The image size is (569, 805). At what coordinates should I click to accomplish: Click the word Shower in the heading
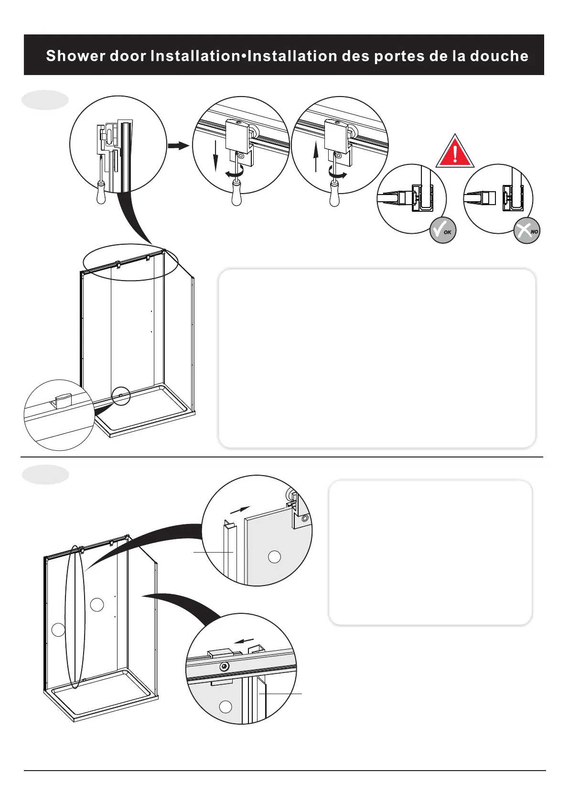coord(75,56)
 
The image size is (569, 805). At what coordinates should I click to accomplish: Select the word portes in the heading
coord(399,56)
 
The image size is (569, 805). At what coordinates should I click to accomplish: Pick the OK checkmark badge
coord(443,230)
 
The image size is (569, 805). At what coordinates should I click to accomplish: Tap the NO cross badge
coord(526,230)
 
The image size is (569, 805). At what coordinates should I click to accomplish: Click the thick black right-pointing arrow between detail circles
coord(178,145)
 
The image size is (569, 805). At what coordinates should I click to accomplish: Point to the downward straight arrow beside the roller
coord(215,156)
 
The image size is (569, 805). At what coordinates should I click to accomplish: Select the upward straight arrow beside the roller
coord(316,158)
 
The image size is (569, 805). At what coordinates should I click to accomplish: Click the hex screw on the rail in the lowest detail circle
coord(225,666)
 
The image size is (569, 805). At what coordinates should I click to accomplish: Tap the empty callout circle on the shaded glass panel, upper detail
coord(274,556)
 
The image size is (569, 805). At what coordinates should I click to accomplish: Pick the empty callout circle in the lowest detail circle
coord(225,707)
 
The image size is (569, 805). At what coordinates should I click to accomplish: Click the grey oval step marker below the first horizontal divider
coord(45,474)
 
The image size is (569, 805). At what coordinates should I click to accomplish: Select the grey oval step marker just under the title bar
coord(45,100)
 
